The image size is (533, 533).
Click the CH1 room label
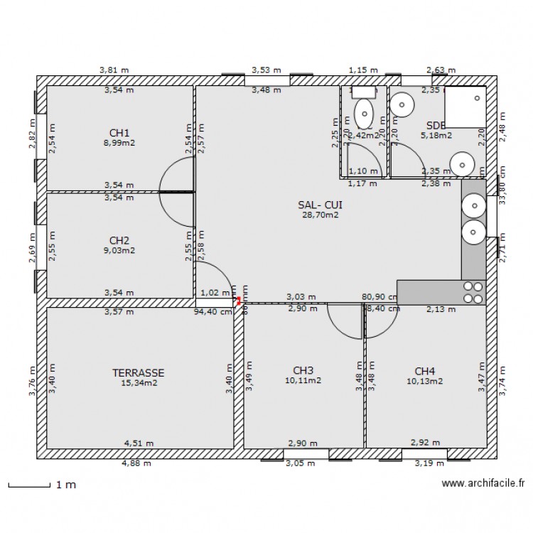(x=119, y=133)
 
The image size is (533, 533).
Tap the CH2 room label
(x=119, y=240)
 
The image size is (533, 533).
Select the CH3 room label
(x=303, y=370)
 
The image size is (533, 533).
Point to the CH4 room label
(x=424, y=370)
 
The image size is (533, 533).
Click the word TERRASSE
(x=139, y=372)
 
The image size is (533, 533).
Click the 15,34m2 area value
(x=139, y=382)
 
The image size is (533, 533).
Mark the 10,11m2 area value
(x=303, y=380)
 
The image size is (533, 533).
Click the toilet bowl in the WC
(x=364, y=112)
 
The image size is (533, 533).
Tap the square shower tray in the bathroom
(x=465, y=107)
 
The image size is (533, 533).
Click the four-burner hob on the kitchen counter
(x=473, y=292)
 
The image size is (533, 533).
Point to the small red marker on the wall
(x=239, y=301)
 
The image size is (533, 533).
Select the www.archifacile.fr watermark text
(x=483, y=484)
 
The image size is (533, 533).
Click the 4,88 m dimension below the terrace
(x=137, y=463)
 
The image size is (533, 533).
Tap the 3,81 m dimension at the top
(x=114, y=70)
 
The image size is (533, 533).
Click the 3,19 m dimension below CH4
(x=430, y=463)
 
